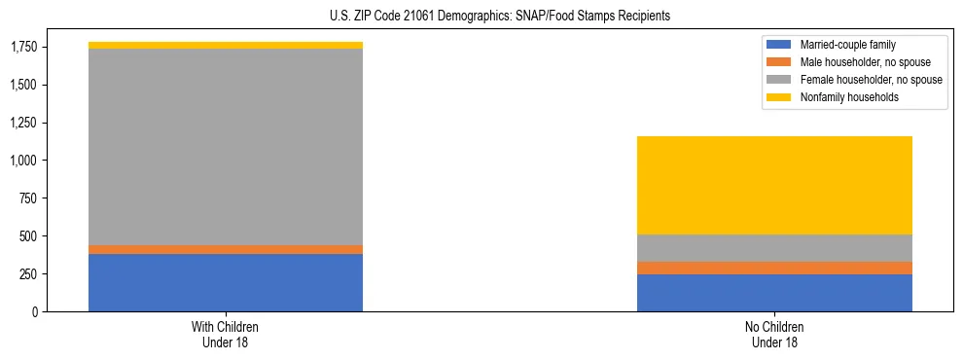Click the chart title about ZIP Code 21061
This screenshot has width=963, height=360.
pos(481,17)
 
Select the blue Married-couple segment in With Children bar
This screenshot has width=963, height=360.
pos(226,282)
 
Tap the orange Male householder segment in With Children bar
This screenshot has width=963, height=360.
pos(226,250)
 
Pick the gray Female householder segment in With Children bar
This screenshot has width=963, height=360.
pos(226,146)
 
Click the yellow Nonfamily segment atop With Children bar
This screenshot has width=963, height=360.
pos(226,46)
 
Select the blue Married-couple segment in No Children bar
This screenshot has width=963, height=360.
pos(774,293)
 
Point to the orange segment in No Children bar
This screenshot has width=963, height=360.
pos(774,268)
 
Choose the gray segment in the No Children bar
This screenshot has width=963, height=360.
pos(774,248)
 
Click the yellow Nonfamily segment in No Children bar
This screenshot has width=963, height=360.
pos(774,185)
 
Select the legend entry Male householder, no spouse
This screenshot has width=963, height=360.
pos(857,62)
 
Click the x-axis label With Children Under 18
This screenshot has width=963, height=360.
pos(226,335)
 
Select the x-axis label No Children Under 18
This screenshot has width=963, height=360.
pos(774,335)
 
